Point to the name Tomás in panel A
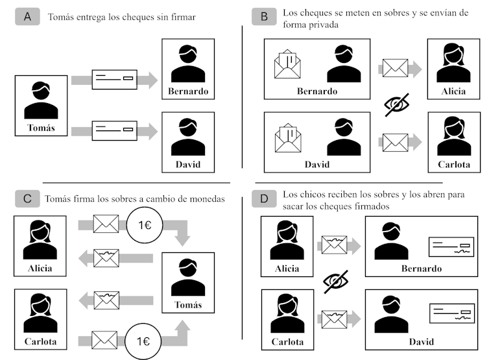coord(41,127)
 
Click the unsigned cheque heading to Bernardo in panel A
coord(113,80)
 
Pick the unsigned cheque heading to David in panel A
coord(113,132)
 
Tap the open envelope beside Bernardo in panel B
coord(289,66)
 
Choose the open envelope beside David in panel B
coord(289,138)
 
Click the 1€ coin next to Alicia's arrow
coord(146,225)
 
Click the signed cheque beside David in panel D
coord(449,315)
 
